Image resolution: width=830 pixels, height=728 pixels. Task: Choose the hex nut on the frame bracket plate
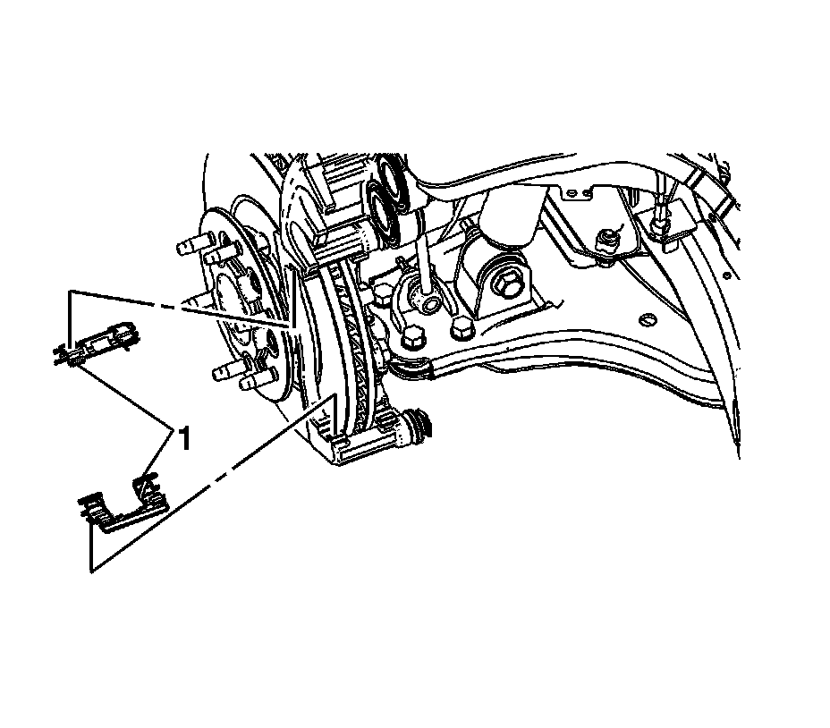pyautogui.click(x=607, y=239)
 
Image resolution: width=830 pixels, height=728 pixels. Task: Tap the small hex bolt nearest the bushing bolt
pyautogui.click(x=462, y=328)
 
